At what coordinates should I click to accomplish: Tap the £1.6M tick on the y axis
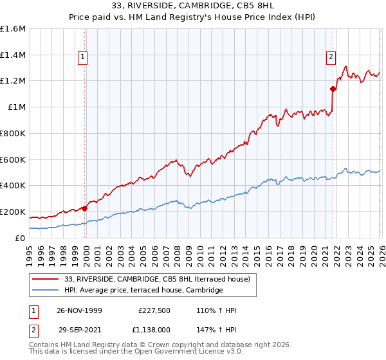pos(13,29)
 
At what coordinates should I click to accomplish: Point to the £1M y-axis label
pos(16,107)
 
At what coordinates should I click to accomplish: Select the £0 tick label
pos(21,238)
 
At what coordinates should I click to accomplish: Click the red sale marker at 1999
pos(85,208)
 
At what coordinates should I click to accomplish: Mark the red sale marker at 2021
pos(333,89)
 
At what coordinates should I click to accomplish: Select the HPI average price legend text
pos(143,291)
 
